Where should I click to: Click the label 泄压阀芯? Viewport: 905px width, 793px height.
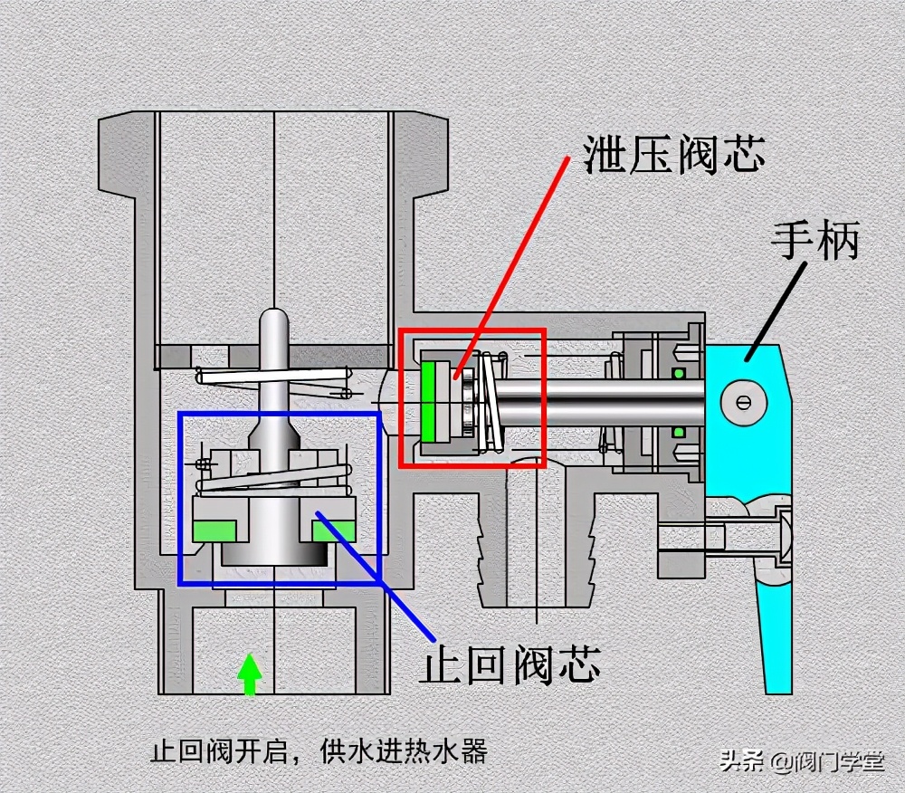pyautogui.click(x=674, y=155)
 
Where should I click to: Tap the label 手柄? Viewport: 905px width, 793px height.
pyautogui.click(x=814, y=243)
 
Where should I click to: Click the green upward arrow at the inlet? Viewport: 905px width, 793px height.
pyautogui.click(x=250, y=674)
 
